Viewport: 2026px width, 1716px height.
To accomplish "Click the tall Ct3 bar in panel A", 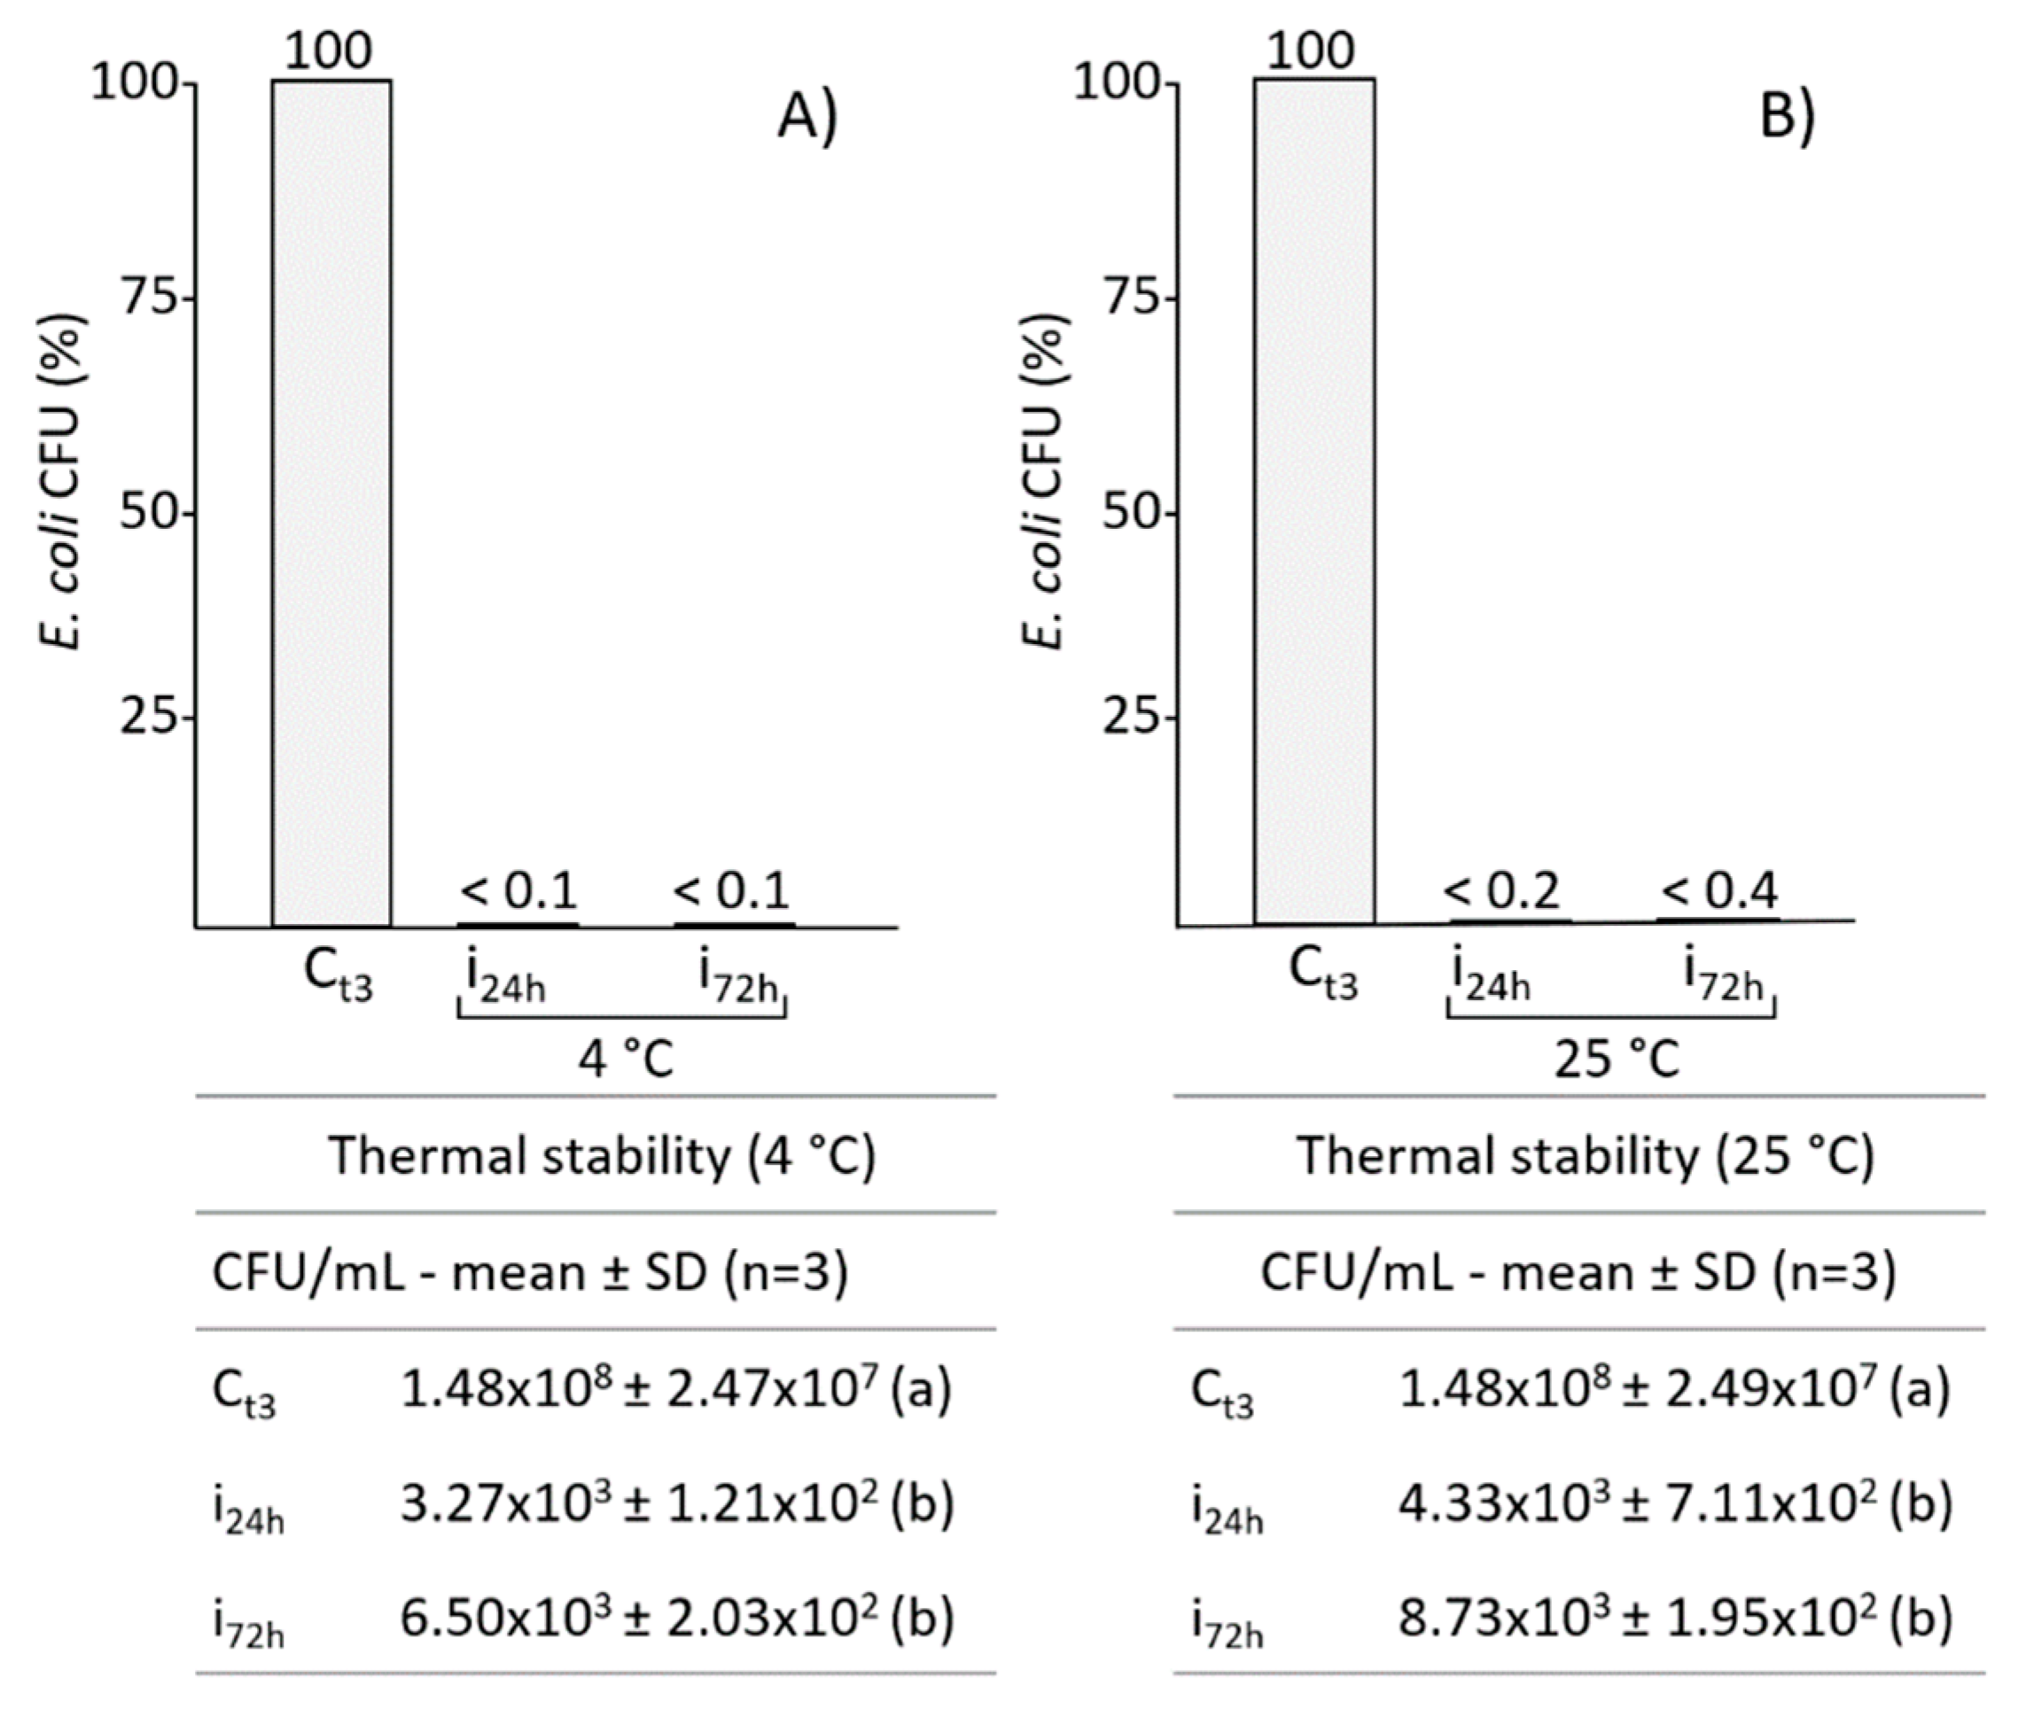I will pyautogui.click(x=331, y=503).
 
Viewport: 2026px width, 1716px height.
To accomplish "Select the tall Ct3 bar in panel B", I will pyautogui.click(x=1313, y=503).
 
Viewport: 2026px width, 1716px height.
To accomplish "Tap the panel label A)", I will pyautogui.click(x=807, y=120).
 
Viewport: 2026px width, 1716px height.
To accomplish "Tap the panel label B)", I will pyautogui.click(x=1788, y=120).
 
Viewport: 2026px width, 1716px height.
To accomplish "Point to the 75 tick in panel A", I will pyautogui.click(x=148, y=299).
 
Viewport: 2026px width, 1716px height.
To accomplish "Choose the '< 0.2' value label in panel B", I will pyautogui.click(x=1501, y=890).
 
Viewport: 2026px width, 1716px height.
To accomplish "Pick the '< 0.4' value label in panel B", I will pyautogui.click(x=1719, y=890).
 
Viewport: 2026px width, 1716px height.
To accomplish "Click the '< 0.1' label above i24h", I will pyautogui.click(x=518, y=890).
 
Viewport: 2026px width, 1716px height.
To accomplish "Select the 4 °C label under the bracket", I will pyautogui.click(x=625, y=1060).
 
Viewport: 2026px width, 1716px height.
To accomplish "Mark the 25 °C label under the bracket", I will pyautogui.click(x=1617, y=1060).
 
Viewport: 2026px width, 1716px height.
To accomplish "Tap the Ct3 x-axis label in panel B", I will pyautogui.click(x=1322, y=975).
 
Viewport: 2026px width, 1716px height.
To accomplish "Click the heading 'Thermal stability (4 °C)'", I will pyautogui.click(x=603, y=1157).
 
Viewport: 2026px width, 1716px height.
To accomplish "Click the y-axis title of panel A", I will pyautogui.click(x=64, y=482).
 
